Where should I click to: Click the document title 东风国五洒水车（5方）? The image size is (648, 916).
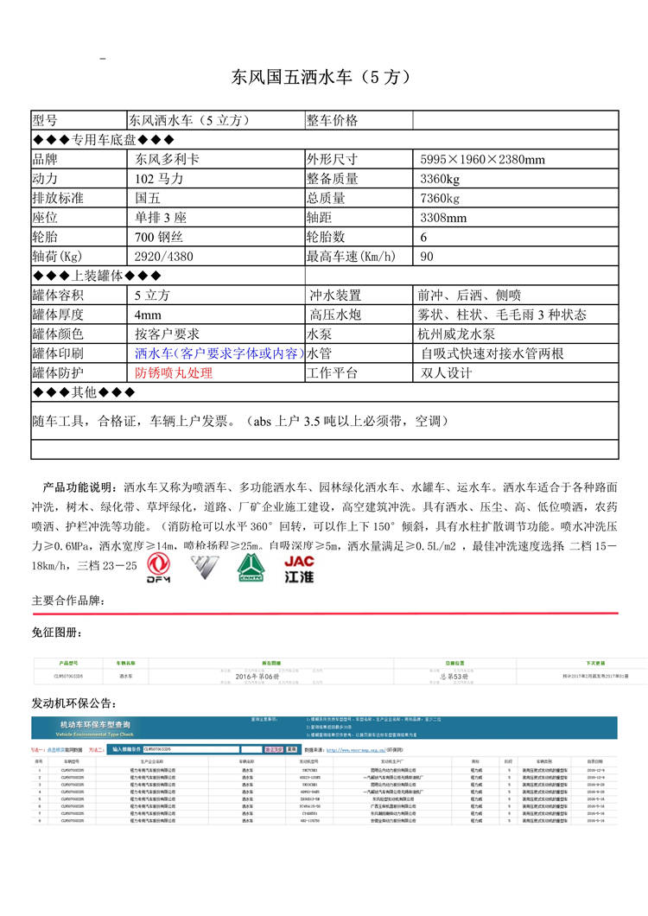click(320, 77)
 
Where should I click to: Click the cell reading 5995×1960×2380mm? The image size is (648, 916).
click(482, 160)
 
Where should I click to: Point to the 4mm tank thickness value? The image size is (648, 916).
click(148, 315)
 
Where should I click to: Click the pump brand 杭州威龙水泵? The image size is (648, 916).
click(458, 334)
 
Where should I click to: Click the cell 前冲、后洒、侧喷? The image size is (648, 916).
click(471, 296)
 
